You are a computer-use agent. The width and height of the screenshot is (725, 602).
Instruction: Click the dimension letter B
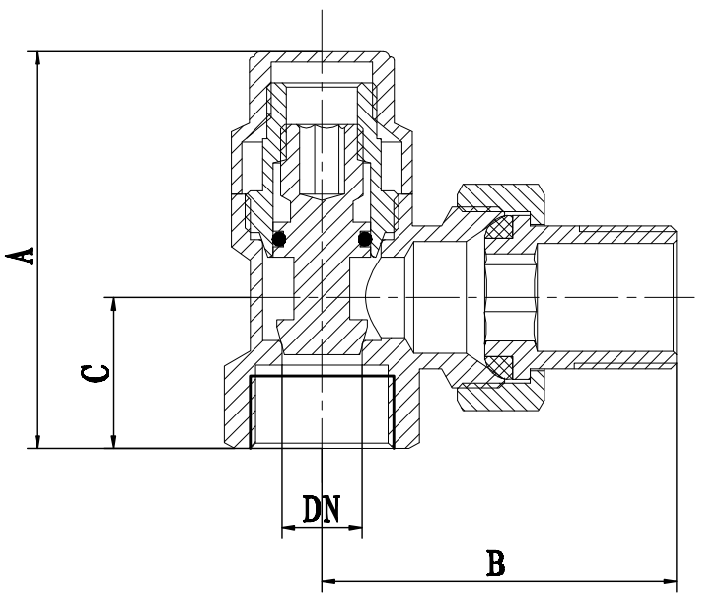496,564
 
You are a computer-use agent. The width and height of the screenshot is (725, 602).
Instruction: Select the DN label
322,509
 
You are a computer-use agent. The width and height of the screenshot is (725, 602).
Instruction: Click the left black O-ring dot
281,238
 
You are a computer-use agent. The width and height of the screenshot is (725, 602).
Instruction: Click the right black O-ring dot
365,238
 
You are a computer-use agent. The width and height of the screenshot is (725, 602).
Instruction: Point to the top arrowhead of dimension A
38,57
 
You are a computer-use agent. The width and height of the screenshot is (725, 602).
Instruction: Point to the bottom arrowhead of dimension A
38,441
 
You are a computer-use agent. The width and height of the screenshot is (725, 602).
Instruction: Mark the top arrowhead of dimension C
114,303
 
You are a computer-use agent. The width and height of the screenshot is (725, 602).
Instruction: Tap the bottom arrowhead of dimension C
114,441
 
